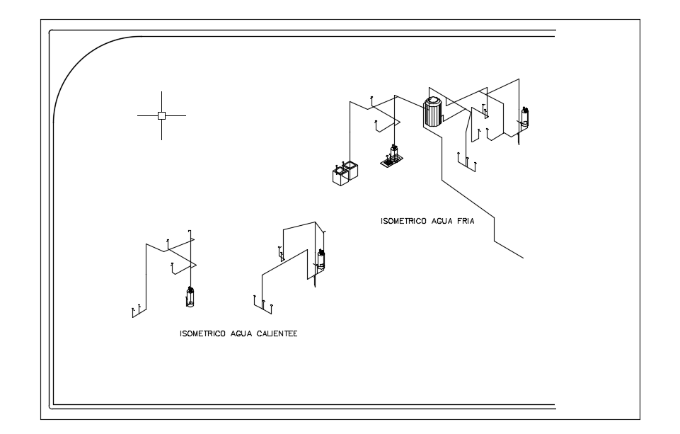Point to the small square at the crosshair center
[161, 115]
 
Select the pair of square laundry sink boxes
[345, 173]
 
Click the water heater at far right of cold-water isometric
[525, 118]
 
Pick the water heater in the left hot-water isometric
[190, 297]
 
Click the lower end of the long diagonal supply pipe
[522, 258]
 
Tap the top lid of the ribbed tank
[432, 101]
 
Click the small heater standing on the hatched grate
[393, 152]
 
